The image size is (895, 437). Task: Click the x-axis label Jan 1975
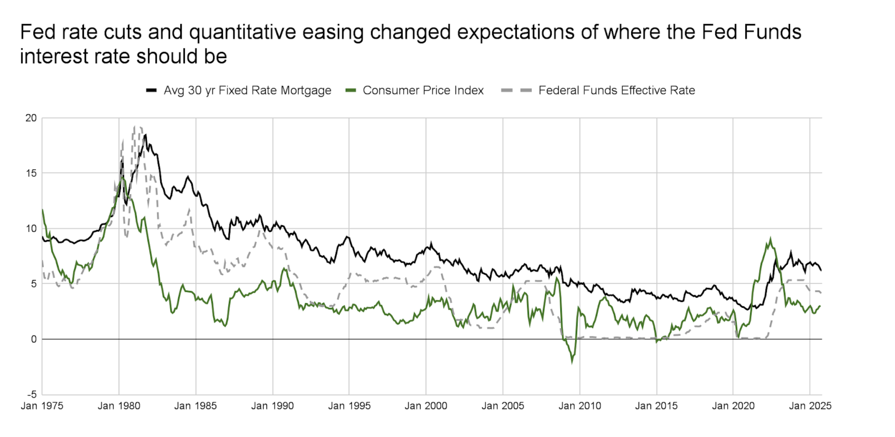click(x=42, y=406)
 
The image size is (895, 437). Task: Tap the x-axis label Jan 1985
click(x=195, y=406)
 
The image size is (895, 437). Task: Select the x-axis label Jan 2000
click(x=426, y=406)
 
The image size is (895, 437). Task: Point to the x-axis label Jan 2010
click(x=580, y=406)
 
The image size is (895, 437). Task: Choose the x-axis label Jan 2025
click(x=810, y=406)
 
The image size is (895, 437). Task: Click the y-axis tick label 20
click(x=31, y=118)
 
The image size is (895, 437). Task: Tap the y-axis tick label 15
click(x=31, y=174)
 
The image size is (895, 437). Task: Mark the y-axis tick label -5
click(x=32, y=395)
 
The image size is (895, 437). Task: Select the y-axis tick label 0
click(x=34, y=339)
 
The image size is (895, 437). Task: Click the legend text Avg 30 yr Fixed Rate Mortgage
click(x=247, y=90)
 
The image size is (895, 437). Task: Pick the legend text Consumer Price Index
click(x=423, y=90)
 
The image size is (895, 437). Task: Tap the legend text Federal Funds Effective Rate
click(x=616, y=90)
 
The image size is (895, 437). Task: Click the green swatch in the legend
click(x=351, y=90)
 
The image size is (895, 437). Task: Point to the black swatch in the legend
click(x=151, y=90)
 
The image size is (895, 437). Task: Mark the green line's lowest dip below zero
click(x=572, y=362)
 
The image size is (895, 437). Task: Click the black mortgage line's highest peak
click(x=145, y=135)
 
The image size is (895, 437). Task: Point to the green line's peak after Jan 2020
click(x=770, y=238)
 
